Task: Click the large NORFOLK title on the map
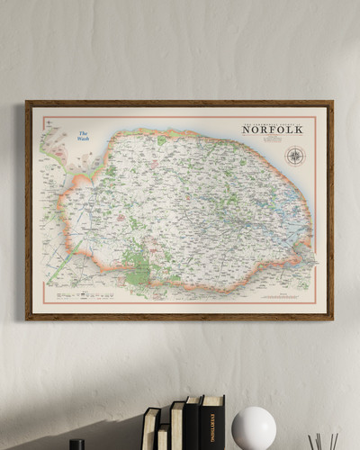tap(272, 130)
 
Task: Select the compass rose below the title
tap(294, 156)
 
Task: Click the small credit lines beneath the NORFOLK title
tap(272, 139)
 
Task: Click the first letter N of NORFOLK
tap(246, 130)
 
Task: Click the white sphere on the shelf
tap(254, 427)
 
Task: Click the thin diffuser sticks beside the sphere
tap(323, 439)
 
